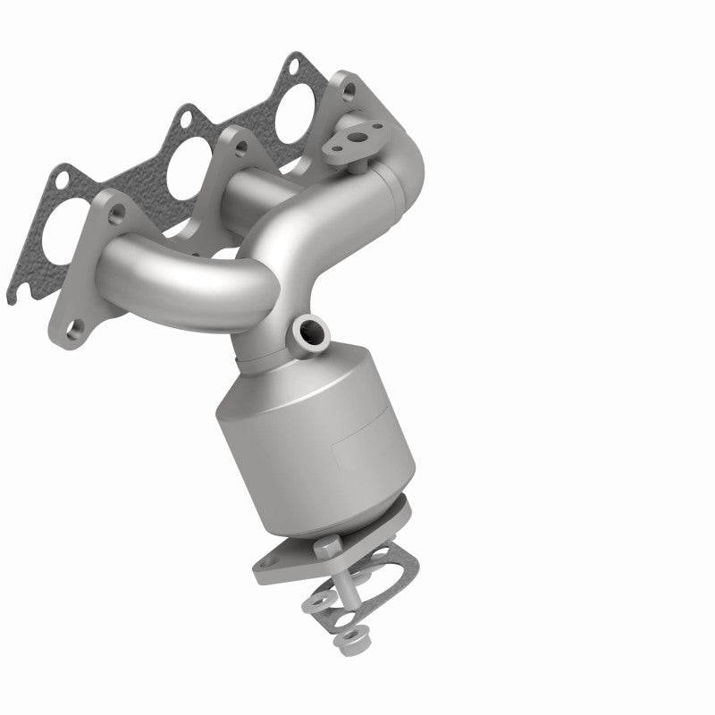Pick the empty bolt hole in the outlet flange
271,561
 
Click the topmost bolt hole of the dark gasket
292,65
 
